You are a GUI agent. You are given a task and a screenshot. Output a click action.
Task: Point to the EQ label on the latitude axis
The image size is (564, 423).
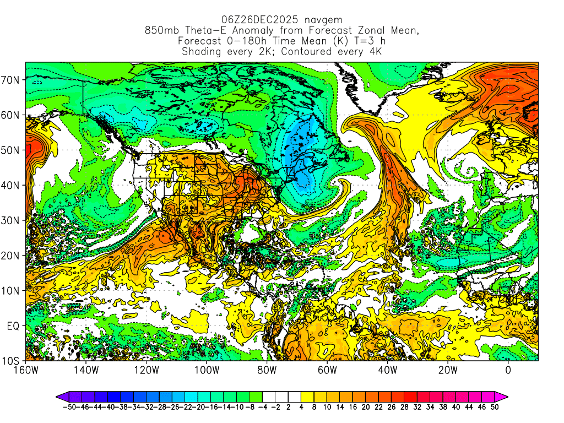(x=13, y=326)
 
